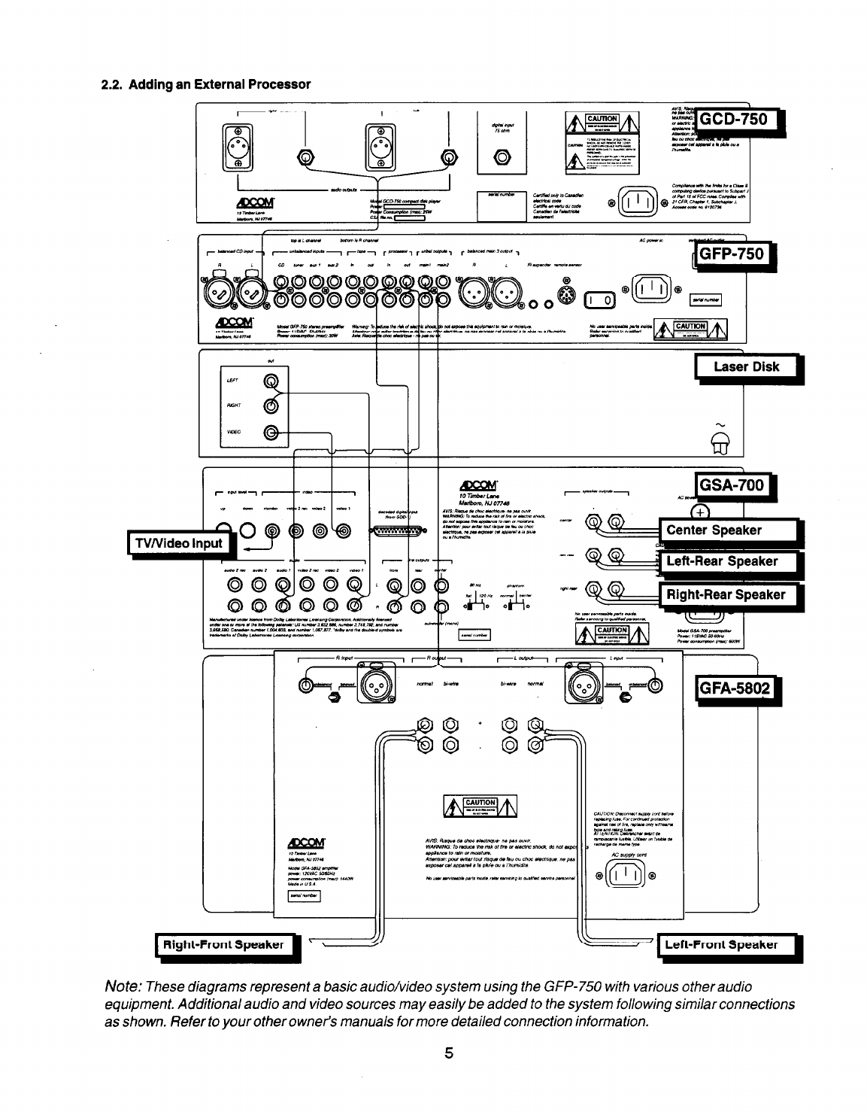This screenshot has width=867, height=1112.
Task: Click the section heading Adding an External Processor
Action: (x=205, y=84)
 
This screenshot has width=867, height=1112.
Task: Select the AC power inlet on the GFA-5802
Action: (x=626, y=873)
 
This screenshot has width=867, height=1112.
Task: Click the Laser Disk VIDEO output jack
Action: (x=271, y=433)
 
